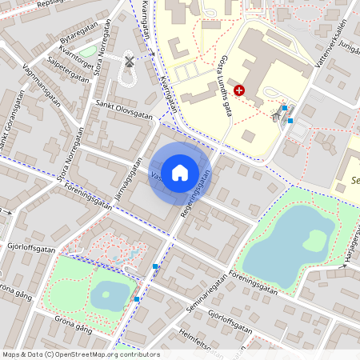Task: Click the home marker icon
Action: (180, 172)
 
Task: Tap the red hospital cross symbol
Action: (238, 91)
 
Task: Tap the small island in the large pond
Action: (314, 239)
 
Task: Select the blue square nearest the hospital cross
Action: (285, 107)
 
